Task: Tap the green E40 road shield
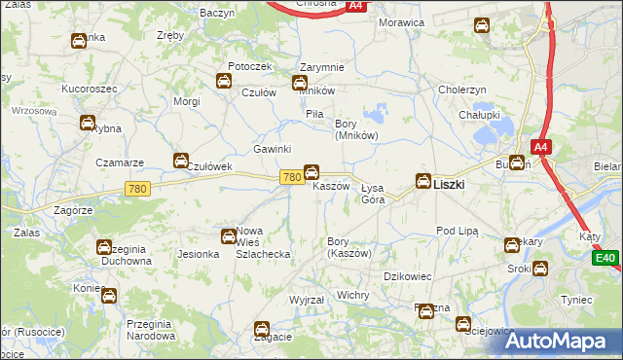(x=605, y=258)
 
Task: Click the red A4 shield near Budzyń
(x=542, y=147)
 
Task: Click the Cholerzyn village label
(x=462, y=90)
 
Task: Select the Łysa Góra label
(x=373, y=193)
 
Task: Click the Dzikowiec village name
(x=408, y=276)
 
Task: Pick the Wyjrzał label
(x=307, y=300)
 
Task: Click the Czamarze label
(x=120, y=162)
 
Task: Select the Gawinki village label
(x=273, y=149)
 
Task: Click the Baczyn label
(x=217, y=14)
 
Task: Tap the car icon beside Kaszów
(x=311, y=172)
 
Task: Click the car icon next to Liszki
(x=423, y=180)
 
